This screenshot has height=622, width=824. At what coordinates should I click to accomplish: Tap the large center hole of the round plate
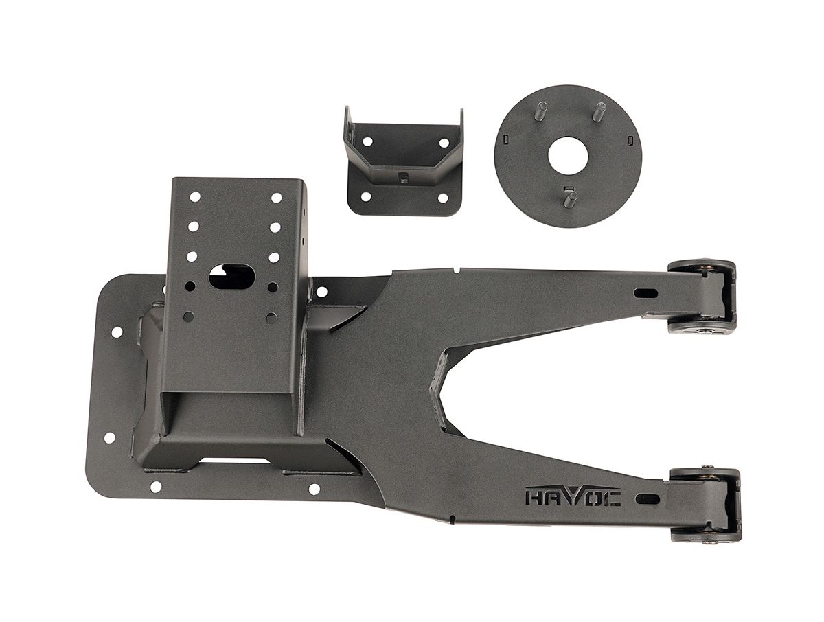[567, 156]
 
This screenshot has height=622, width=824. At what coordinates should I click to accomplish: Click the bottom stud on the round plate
[570, 199]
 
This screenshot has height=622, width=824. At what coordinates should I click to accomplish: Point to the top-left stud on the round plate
[542, 111]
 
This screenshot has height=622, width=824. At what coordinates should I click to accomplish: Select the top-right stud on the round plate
[598, 112]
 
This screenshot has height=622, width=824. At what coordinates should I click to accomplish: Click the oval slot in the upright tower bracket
[231, 277]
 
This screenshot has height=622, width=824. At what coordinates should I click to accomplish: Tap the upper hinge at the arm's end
[701, 297]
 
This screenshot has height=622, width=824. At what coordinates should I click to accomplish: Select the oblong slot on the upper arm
[645, 293]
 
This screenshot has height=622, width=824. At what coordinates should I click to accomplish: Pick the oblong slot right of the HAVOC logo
[648, 499]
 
